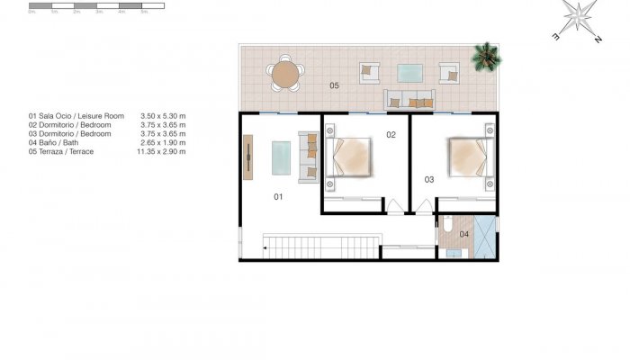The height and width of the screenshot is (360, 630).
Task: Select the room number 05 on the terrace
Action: (334, 85)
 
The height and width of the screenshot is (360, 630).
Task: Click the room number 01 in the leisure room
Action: (278, 194)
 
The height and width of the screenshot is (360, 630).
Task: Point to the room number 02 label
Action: (391, 135)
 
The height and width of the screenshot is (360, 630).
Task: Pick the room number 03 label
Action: (429, 179)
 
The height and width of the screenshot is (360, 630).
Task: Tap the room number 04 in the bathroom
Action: (464, 234)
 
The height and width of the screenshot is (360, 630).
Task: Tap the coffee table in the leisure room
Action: (283, 157)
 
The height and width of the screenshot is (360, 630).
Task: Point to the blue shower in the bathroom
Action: (484, 238)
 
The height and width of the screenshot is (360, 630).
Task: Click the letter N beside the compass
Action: (597, 40)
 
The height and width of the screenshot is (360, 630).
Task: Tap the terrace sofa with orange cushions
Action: (410, 100)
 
